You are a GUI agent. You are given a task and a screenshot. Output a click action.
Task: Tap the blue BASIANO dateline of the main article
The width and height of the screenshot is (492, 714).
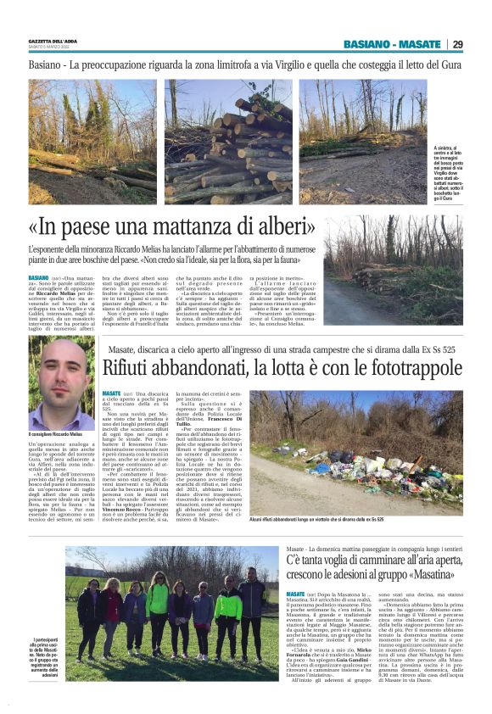(38, 277)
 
